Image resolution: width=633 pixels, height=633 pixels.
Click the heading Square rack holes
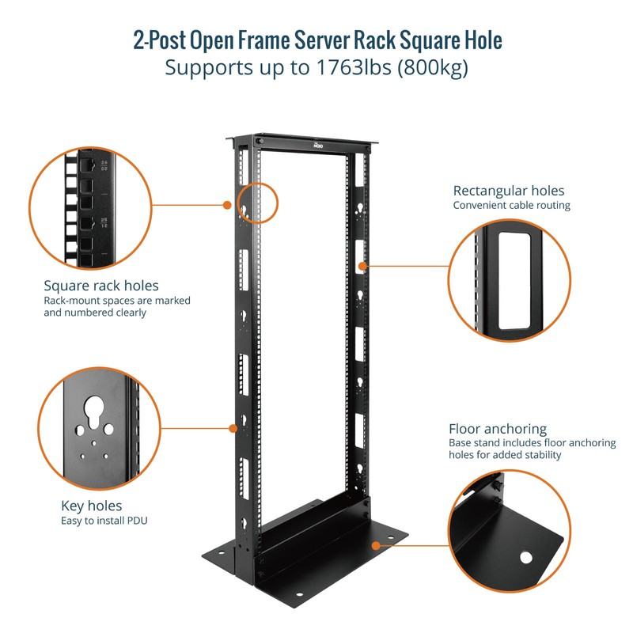pos(101,285)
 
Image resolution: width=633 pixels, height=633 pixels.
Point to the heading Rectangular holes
pos(509,191)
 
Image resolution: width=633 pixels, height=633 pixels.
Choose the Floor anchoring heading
pos(498,429)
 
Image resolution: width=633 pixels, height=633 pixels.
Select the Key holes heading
pos(92,506)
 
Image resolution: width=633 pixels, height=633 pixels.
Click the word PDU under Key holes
pos(140,521)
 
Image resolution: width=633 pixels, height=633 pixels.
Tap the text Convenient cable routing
pos(511,206)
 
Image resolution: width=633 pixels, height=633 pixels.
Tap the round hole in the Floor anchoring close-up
pos(526,558)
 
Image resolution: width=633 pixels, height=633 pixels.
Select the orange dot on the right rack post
pos(365,267)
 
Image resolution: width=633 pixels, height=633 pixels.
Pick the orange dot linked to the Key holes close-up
pos(232,428)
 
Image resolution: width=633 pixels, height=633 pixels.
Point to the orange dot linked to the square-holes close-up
pos(226,204)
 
